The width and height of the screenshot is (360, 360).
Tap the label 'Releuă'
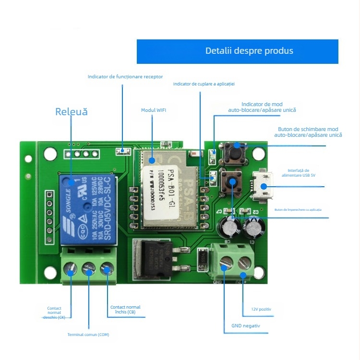(72, 112)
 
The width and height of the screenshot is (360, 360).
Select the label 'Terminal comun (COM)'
(88, 335)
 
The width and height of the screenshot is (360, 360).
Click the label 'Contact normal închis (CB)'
(125, 310)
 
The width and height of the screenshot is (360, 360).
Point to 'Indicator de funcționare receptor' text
(125, 76)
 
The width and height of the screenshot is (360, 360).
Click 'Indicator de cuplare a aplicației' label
(204, 84)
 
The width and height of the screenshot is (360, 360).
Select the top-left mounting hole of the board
(49, 153)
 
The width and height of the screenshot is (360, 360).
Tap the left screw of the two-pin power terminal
(225, 262)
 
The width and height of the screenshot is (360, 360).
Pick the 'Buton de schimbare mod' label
(308, 132)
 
